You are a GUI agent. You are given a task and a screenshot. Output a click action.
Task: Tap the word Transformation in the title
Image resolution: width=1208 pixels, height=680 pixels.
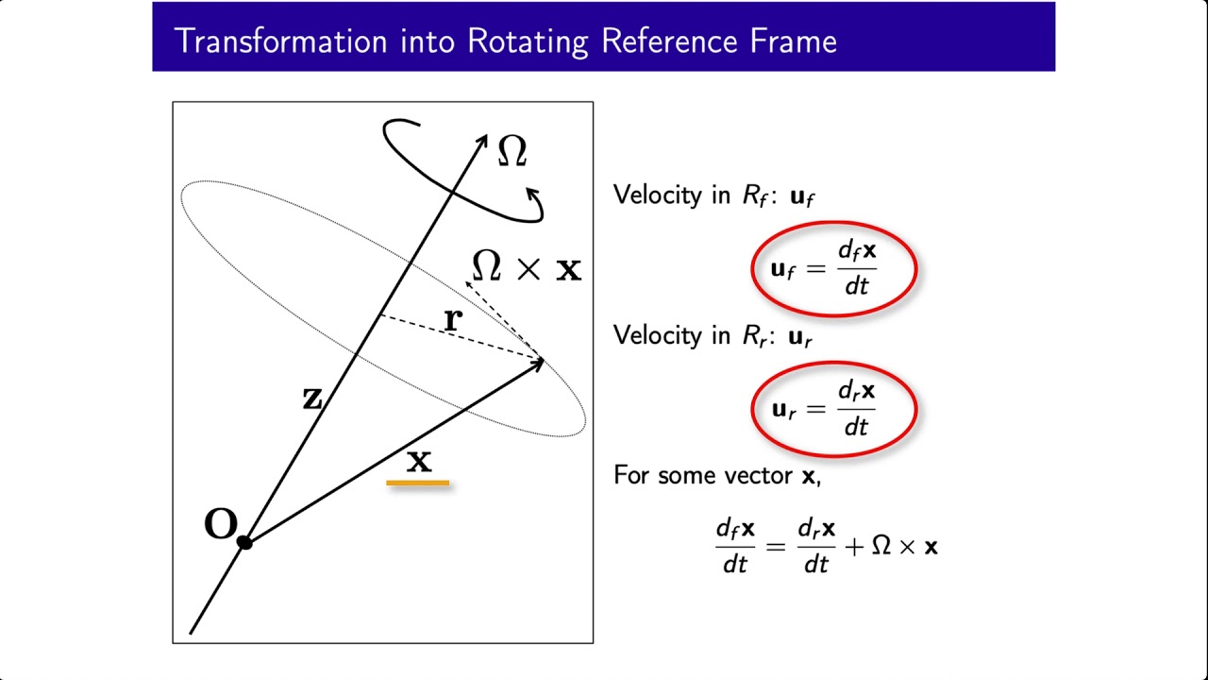[x=280, y=42]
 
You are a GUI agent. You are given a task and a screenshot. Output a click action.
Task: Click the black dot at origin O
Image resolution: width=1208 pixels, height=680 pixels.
[x=244, y=542]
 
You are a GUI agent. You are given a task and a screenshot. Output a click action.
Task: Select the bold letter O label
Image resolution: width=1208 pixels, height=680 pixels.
[x=221, y=525]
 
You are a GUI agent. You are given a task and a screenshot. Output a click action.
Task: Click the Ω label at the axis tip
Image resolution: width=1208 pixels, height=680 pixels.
[x=512, y=151]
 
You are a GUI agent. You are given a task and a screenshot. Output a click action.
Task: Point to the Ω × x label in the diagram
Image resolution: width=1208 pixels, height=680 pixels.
[x=526, y=268]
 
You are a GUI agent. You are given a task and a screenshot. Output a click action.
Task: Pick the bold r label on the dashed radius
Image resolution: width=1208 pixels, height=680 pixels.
[x=453, y=319]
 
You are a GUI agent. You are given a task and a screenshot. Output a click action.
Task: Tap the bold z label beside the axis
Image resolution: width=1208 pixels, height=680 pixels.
[x=312, y=399]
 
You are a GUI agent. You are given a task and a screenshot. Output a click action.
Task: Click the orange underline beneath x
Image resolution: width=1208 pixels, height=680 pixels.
[x=418, y=484]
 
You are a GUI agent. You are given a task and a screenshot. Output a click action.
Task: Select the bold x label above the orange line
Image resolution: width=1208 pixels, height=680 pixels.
[x=418, y=461]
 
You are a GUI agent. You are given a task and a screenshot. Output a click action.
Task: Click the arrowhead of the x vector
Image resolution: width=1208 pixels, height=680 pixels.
[x=538, y=362]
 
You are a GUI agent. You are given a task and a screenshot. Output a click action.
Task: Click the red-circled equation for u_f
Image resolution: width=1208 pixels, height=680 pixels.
[x=833, y=268]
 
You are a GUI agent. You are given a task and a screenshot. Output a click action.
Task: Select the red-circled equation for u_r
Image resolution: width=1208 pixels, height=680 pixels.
[x=833, y=408]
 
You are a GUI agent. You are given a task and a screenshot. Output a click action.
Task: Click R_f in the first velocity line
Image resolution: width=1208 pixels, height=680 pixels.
[x=755, y=195]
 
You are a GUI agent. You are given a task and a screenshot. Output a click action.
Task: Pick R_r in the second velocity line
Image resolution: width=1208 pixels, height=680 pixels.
[x=755, y=335]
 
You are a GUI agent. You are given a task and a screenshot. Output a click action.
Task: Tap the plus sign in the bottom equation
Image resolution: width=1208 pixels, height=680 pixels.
[x=854, y=547]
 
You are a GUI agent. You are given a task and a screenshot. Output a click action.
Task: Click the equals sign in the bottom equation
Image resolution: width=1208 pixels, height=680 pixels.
[x=776, y=547]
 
